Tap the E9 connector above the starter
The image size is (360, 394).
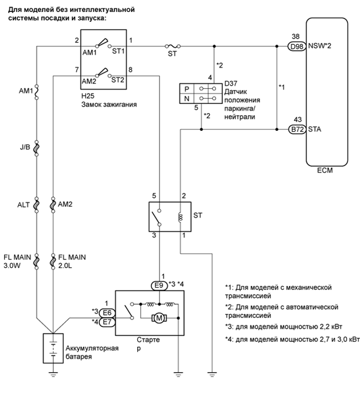pos(160,285)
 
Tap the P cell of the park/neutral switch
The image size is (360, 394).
pos(186,88)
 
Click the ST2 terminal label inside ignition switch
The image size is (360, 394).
pos(116,81)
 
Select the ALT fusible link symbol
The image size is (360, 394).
pos(36,205)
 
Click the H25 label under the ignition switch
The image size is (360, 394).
pos(86,96)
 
